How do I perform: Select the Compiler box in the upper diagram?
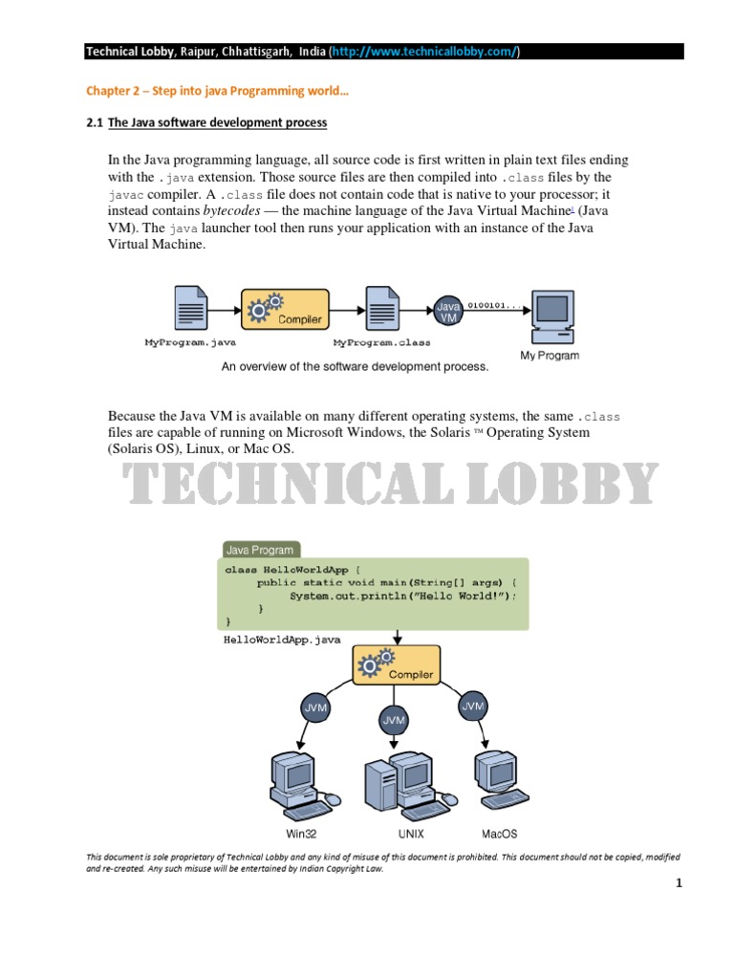tap(285, 309)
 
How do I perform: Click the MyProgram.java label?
tap(190, 341)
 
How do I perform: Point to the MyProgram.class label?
tap(381, 341)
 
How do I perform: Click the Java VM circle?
tap(448, 310)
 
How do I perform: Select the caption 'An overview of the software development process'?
tap(355, 366)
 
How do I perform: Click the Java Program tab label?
tap(259, 550)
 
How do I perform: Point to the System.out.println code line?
tap(402, 596)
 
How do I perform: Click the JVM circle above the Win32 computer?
tap(315, 709)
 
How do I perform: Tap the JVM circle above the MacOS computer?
tap(472, 707)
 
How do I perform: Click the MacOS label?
tap(499, 834)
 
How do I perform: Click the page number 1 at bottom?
tap(679, 884)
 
